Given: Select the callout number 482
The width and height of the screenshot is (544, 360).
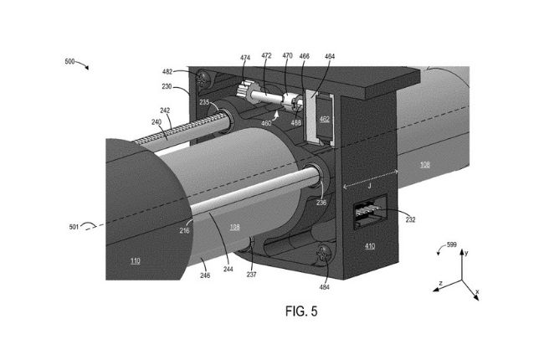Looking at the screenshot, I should [167, 73].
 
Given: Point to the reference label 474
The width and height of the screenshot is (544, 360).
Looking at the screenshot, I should [245, 58].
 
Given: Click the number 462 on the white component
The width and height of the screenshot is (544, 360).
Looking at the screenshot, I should [325, 120].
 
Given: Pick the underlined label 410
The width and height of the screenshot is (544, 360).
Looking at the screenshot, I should [369, 246].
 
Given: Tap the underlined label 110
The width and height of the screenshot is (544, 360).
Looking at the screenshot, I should [135, 260].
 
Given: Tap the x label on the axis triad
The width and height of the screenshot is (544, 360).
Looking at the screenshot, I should [477, 292].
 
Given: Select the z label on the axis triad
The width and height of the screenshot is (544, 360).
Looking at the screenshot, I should [440, 283].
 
